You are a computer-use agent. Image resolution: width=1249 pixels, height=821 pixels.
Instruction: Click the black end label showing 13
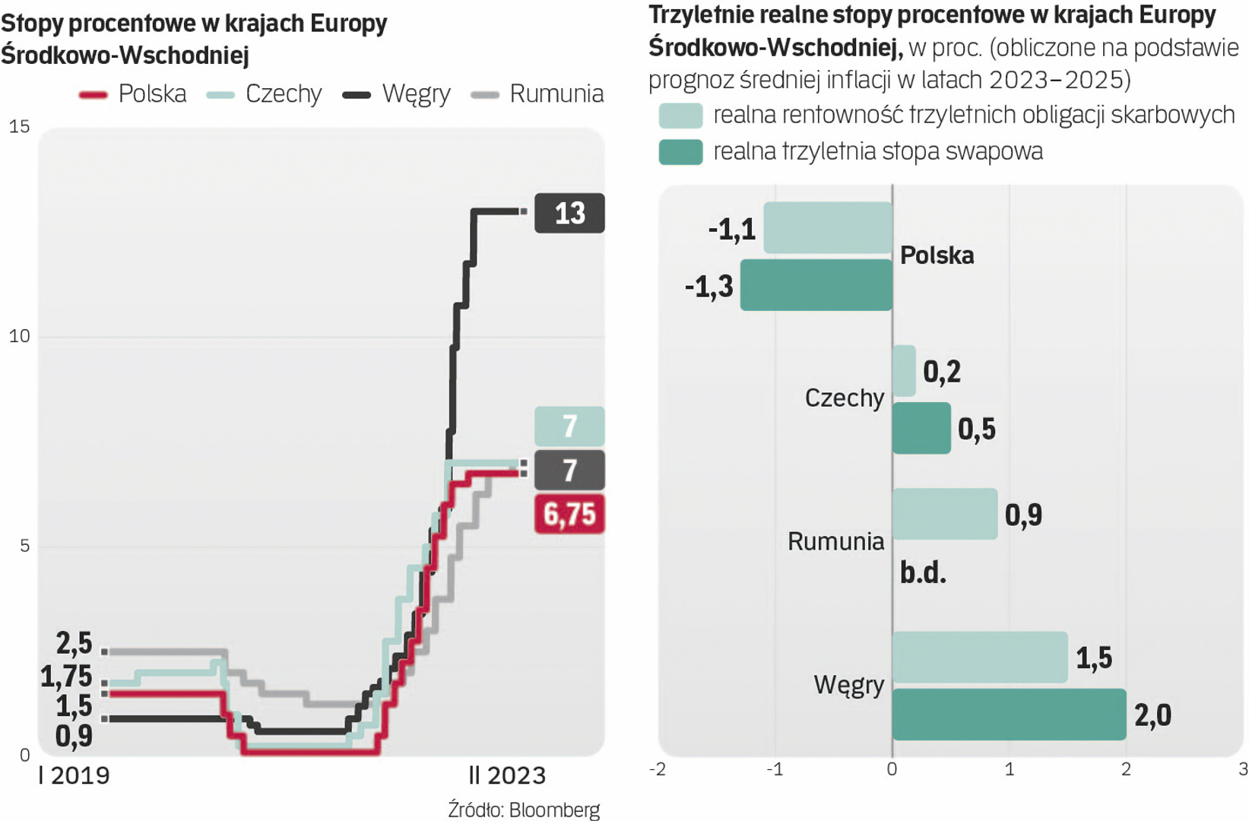click(569, 213)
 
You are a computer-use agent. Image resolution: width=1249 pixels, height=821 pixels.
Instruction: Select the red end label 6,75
click(569, 514)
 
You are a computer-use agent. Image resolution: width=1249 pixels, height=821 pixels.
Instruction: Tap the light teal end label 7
click(569, 426)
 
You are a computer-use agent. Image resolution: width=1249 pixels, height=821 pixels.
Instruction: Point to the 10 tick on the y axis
click(19, 336)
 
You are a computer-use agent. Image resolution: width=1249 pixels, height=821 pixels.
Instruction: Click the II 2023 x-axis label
click(507, 775)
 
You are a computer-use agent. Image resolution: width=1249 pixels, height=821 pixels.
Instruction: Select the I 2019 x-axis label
click(74, 775)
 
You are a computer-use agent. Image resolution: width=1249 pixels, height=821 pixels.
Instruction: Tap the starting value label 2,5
click(74, 644)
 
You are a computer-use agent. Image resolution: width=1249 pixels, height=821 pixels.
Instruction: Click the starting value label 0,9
click(74, 736)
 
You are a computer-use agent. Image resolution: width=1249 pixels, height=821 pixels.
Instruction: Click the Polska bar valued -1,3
click(816, 285)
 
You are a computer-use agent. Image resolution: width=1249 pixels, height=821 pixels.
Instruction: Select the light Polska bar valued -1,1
click(827, 227)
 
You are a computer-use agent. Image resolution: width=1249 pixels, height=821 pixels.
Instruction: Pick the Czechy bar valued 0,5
click(921, 428)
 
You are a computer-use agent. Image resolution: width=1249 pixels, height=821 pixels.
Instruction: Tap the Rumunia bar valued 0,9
click(944, 514)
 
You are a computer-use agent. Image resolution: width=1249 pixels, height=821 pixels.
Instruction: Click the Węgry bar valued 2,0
click(1009, 715)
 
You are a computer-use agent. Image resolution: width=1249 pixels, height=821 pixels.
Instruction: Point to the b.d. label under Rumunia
click(923, 572)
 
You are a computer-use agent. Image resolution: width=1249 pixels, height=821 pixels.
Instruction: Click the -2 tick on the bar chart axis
click(658, 769)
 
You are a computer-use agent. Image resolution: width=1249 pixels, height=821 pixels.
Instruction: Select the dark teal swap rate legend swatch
click(680, 152)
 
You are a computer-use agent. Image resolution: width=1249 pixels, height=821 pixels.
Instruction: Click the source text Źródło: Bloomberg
click(524, 810)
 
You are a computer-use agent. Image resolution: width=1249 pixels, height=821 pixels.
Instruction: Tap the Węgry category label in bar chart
click(848, 685)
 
